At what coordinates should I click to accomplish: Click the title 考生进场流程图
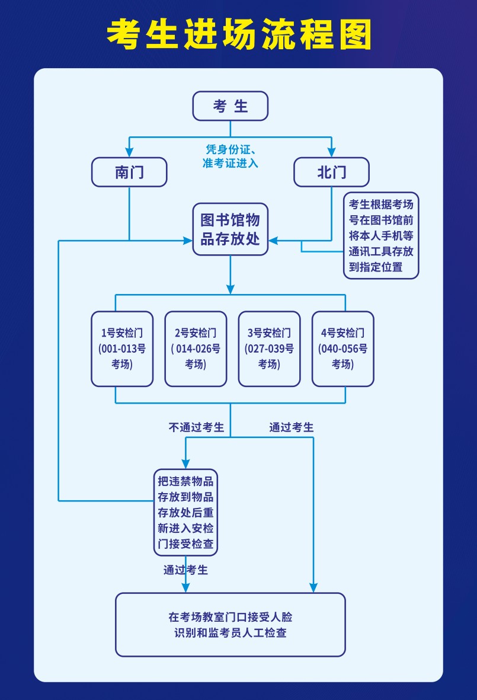click(x=239, y=34)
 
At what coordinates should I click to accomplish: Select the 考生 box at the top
click(x=231, y=106)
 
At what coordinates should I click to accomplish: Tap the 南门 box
click(x=129, y=172)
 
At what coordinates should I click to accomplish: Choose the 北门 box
click(x=331, y=172)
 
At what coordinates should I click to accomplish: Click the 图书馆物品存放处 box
click(x=231, y=229)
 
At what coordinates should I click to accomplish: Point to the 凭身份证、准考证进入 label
click(x=231, y=156)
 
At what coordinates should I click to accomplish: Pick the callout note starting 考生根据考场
click(x=381, y=235)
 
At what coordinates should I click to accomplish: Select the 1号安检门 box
click(x=122, y=349)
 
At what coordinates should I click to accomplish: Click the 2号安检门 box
click(x=196, y=349)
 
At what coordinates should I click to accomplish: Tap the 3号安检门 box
click(x=269, y=349)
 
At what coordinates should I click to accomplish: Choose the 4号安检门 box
click(x=342, y=349)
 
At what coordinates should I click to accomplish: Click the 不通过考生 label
click(x=196, y=427)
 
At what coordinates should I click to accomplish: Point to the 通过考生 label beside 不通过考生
click(x=292, y=427)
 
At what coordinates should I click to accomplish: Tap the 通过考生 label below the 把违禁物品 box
click(x=185, y=570)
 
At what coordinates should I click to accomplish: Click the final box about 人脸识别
click(x=231, y=625)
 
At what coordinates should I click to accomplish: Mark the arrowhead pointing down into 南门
click(x=129, y=152)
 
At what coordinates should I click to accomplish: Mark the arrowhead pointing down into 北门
click(x=331, y=152)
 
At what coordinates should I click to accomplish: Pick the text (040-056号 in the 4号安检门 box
click(x=342, y=349)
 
